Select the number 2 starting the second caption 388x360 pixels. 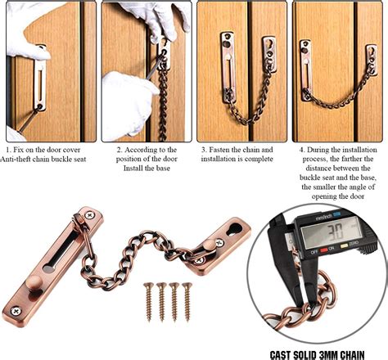119,150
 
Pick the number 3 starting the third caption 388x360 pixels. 204,150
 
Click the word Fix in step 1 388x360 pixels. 20,150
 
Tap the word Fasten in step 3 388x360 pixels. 223,150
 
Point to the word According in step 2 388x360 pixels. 147,150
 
